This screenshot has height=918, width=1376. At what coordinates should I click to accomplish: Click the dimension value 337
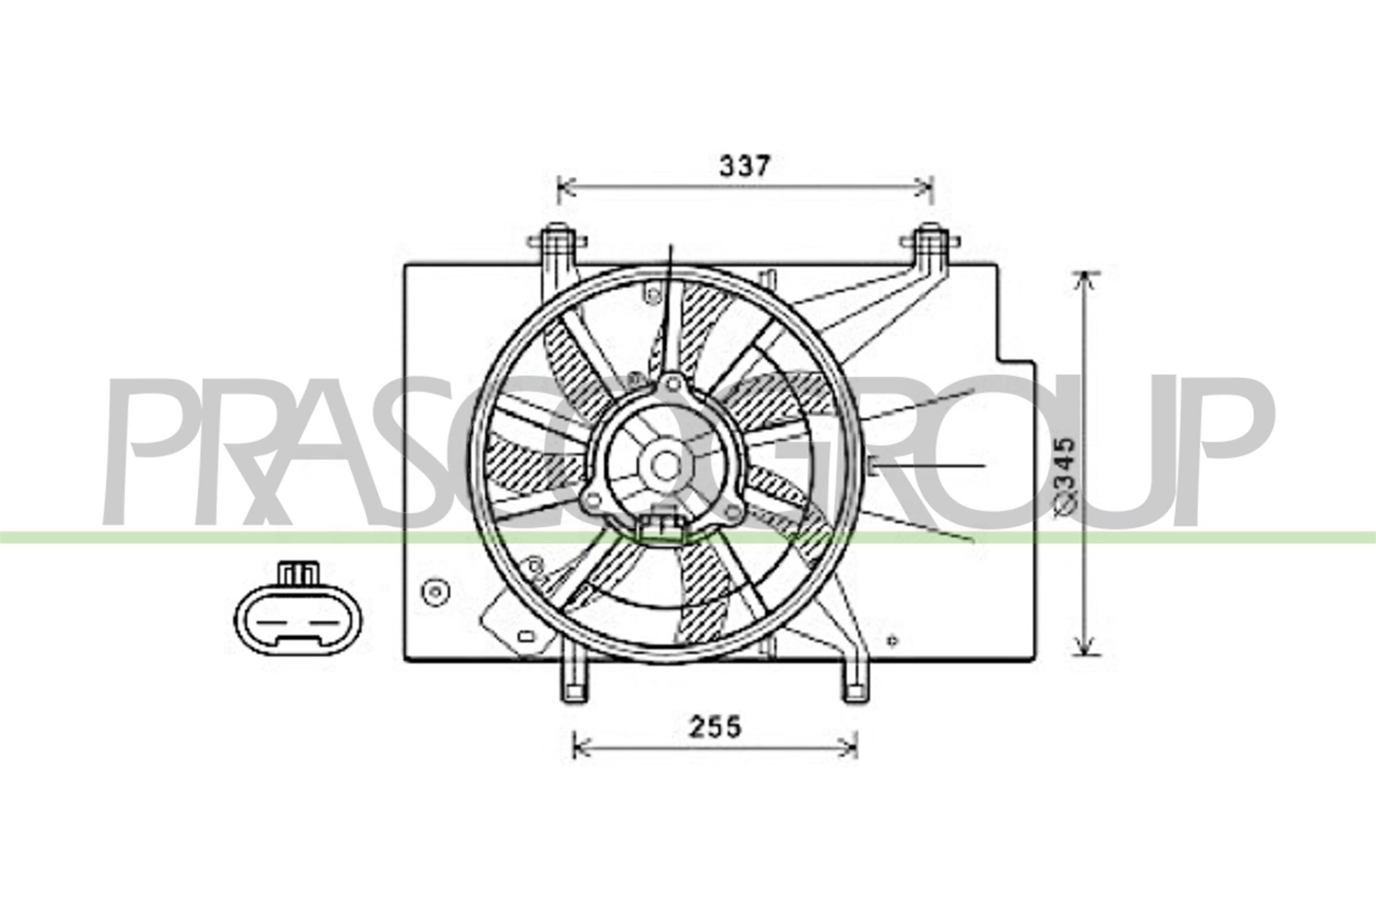pyautogui.click(x=744, y=166)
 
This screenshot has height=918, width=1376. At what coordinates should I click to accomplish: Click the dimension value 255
pyautogui.click(x=715, y=727)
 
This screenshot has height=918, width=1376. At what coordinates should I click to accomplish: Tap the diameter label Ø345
pyautogui.click(x=1066, y=477)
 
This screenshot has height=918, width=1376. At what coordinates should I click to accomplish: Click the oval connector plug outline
pyautogui.click(x=298, y=621)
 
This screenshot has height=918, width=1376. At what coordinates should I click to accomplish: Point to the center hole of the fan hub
pyautogui.click(x=664, y=466)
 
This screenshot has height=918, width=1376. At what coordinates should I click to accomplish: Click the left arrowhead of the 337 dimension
pyautogui.click(x=562, y=188)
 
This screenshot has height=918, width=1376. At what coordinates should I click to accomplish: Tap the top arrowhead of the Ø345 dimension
pyautogui.click(x=1086, y=277)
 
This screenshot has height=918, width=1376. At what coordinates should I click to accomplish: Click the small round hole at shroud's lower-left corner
pyautogui.click(x=435, y=593)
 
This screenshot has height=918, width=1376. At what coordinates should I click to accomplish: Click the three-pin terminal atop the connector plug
pyautogui.click(x=299, y=573)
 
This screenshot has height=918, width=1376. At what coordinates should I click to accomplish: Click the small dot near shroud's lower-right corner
pyautogui.click(x=892, y=641)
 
